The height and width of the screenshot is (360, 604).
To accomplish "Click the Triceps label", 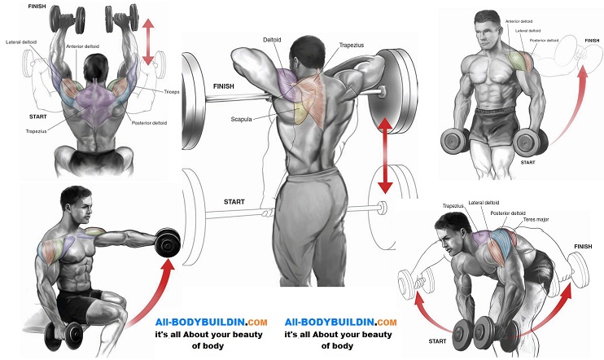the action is [x=172, y=92].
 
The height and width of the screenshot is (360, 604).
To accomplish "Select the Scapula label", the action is [x=241, y=119].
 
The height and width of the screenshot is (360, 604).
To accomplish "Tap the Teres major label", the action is [x=536, y=219].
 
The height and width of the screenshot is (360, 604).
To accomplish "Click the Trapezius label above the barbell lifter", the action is [x=352, y=45].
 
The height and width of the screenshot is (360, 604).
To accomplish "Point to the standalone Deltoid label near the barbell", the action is [x=272, y=40].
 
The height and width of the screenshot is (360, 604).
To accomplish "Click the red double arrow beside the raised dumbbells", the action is [x=148, y=42].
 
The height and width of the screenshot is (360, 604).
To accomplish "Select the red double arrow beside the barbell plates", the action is [x=385, y=156].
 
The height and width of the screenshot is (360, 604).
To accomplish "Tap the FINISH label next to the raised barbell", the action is [x=223, y=86].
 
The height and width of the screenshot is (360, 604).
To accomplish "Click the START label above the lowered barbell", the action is [x=234, y=202].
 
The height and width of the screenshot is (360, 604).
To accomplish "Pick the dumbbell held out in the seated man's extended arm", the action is [x=168, y=241].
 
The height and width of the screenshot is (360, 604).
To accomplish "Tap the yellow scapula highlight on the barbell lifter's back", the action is [x=300, y=114].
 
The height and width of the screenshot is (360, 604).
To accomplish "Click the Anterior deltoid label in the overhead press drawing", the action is [x=82, y=46].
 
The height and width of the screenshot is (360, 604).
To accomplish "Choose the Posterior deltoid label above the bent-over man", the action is [x=508, y=213].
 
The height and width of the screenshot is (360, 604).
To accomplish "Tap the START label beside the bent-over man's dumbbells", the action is [x=437, y=341].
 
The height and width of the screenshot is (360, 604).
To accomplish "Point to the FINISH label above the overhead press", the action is [x=37, y=7].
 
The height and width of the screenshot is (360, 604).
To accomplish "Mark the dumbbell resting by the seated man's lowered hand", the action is [x=64, y=335].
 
